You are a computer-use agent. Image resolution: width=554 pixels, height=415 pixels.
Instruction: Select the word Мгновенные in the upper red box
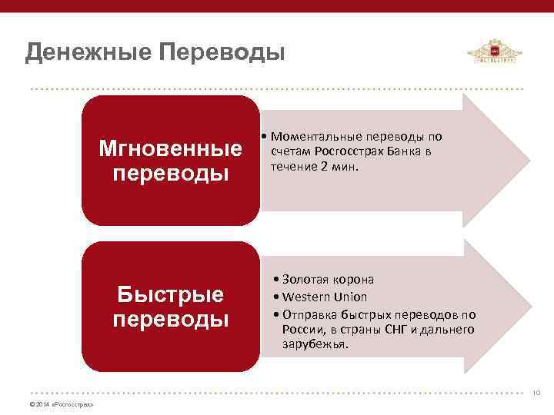tap(171, 148)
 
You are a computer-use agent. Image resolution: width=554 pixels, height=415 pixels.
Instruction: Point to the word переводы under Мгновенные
tap(171, 172)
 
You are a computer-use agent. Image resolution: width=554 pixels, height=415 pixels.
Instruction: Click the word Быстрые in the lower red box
tap(171, 294)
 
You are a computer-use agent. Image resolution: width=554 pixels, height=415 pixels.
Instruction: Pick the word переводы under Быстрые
tap(171, 318)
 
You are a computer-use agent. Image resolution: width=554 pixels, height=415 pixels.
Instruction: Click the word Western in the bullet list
tap(306, 297)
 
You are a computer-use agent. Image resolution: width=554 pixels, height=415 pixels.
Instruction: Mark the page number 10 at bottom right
tap(536, 393)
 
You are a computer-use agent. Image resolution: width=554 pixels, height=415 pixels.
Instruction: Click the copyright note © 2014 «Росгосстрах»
tap(61, 404)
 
